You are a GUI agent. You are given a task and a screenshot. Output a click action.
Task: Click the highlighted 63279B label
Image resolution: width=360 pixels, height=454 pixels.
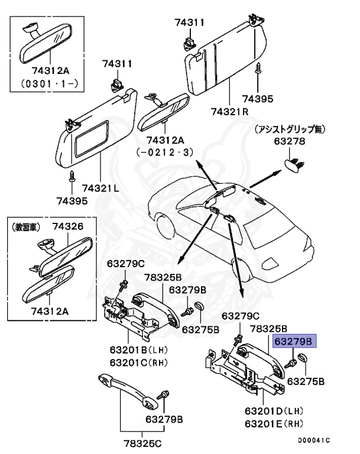(x=294, y=341)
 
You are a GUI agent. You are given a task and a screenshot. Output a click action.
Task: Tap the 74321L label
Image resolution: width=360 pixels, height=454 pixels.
(x=100, y=188)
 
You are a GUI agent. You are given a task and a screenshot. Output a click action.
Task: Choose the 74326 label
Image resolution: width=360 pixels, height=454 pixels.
(x=67, y=226)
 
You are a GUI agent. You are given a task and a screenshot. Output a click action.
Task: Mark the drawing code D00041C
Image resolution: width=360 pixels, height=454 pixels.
(x=314, y=440)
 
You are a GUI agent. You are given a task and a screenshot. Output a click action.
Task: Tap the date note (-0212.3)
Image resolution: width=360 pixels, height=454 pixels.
(x=165, y=152)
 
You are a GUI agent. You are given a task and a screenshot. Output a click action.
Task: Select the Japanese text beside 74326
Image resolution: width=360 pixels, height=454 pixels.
(x=28, y=226)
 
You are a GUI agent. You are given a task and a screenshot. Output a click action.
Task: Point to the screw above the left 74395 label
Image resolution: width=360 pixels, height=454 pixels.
(x=72, y=175)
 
